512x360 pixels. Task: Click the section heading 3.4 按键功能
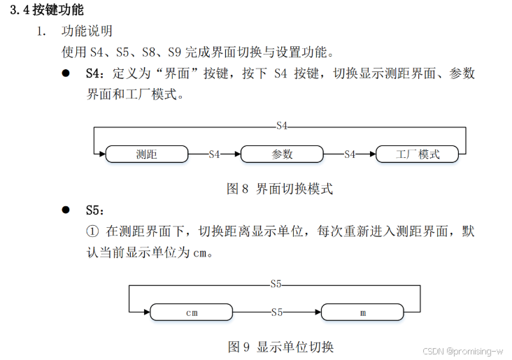pyautogui.click(x=47, y=10)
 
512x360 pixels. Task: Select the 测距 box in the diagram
pyautogui.click(x=147, y=154)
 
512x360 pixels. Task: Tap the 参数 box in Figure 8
pyautogui.click(x=282, y=154)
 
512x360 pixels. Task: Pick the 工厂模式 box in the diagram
pyautogui.click(x=418, y=154)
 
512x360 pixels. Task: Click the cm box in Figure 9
pyautogui.click(x=192, y=312)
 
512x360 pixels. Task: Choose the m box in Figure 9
pyautogui.click(x=363, y=312)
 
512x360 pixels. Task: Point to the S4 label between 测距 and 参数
pyautogui.click(x=214, y=154)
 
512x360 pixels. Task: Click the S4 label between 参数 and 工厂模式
pyautogui.click(x=350, y=154)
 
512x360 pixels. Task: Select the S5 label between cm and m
pyautogui.click(x=277, y=312)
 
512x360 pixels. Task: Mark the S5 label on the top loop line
pyautogui.click(x=276, y=284)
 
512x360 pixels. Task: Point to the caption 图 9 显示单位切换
pyautogui.click(x=280, y=347)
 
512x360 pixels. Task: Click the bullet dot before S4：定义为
pyautogui.click(x=66, y=73)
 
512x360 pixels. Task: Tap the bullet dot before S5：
pyautogui.click(x=66, y=210)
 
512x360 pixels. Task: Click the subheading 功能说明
pyautogui.click(x=87, y=31)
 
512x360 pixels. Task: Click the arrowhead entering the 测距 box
pyautogui.click(x=102, y=154)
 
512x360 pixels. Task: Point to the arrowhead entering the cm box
pyautogui.click(x=147, y=312)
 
